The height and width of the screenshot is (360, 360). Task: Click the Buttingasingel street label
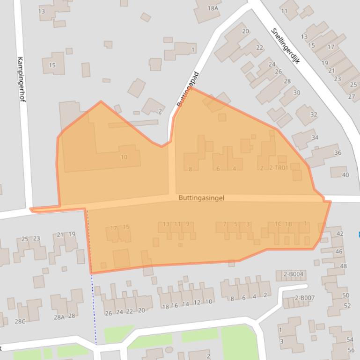tap(201, 198)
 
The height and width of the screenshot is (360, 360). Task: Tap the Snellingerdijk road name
tap(285, 46)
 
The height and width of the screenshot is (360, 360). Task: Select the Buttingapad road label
tap(188, 89)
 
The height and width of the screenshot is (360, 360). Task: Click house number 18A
tap(213, 8)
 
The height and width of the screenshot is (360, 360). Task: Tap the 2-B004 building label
tap(294, 274)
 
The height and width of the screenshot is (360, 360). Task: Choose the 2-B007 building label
tap(305, 298)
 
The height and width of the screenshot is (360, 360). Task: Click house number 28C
tap(20, 321)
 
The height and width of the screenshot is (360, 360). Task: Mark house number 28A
tap(59, 317)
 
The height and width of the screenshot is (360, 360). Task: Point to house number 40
tap(345, 175)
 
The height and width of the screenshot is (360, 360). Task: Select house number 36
tap(338, 153)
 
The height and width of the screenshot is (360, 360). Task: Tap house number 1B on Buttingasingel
tap(288, 224)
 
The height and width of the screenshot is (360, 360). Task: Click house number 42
tap(340, 234)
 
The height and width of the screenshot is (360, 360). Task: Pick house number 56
tap(351, 350)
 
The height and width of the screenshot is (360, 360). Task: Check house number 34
tap(315, 137)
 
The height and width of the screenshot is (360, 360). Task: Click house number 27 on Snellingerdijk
tap(352, 97)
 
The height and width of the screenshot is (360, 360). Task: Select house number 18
tap(165, 307)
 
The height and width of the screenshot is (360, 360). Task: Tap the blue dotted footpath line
tap(93, 304)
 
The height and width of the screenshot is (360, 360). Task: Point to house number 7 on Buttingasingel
tap(225, 224)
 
